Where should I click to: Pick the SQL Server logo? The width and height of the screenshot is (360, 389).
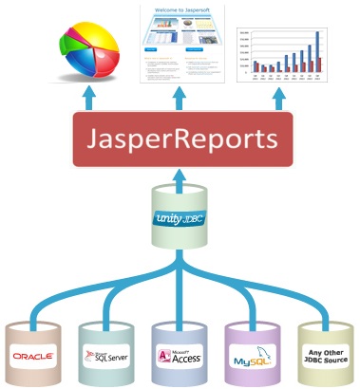tap(104, 355)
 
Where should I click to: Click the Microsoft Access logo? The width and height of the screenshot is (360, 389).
tap(180, 355)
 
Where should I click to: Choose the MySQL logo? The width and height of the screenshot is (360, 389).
tap(252, 357)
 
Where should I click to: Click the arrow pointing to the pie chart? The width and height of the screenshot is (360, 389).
tap(92, 98)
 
